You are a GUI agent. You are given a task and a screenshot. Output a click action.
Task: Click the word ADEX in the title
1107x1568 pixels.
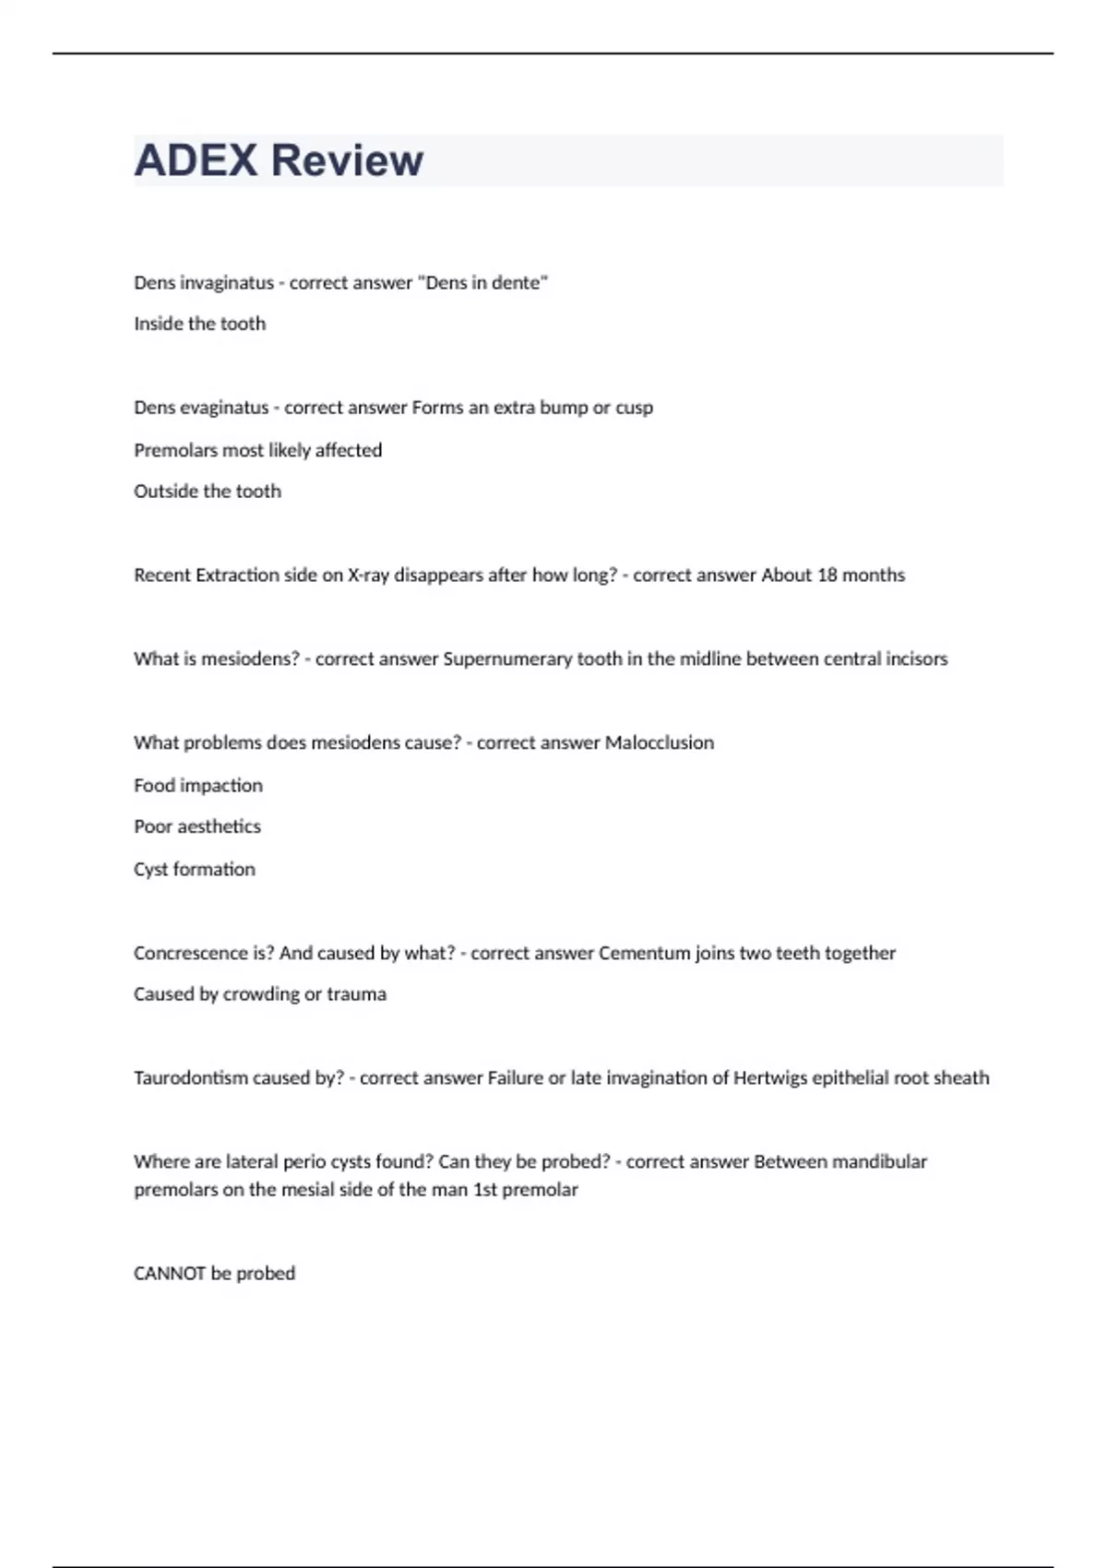point(196,160)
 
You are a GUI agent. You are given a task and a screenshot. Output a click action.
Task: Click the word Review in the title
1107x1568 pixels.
point(348,160)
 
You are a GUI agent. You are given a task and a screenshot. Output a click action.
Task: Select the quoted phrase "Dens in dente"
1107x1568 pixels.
point(482,283)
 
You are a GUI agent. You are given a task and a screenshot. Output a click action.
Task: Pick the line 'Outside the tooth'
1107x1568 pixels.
point(208,492)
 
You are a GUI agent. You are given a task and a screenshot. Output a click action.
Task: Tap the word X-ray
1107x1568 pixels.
point(368,576)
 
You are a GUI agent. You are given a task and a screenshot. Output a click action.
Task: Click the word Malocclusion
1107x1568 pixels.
point(660,743)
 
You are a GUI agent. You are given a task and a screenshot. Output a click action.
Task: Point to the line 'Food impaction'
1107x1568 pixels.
point(198,786)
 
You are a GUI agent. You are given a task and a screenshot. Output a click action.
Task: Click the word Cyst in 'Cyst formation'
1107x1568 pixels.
point(150,870)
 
